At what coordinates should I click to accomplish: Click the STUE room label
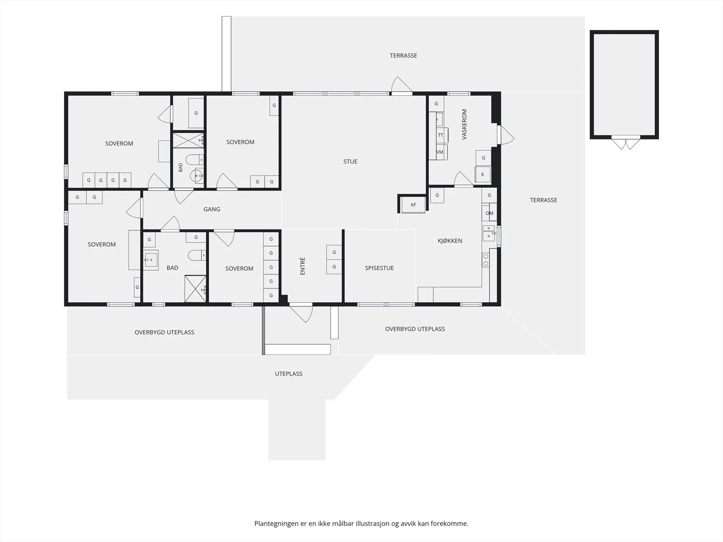[x=350, y=162]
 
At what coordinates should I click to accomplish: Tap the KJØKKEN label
[x=450, y=241]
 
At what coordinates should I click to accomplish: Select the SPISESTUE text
[x=379, y=268]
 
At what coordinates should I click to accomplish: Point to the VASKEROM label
[x=465, y=124]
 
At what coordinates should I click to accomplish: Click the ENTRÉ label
[x=303, y=266]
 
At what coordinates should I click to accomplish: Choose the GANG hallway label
[x=212, y=209]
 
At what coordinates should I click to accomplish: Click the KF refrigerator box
[x=413, y=205]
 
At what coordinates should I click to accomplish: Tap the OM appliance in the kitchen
[x=489, y=213]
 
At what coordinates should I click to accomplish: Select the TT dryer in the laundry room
[x=441, y=135]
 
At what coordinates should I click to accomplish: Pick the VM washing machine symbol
[x=441, y=152]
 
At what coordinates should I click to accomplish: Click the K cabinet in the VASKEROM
[x=483, y=174]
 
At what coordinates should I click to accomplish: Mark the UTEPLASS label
[x=289, y=374]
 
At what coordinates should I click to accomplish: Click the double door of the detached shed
[x=626, y=142]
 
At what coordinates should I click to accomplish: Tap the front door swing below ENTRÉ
[x=301, y=313]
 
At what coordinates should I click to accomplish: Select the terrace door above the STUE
[x=402, y=85]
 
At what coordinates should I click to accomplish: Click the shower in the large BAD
[x=195, y=289]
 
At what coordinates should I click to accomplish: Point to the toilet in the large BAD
[x=197, y=255]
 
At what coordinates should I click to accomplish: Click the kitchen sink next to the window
[x=489, y=234]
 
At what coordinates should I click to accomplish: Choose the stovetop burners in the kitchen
[x=485, y=260]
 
